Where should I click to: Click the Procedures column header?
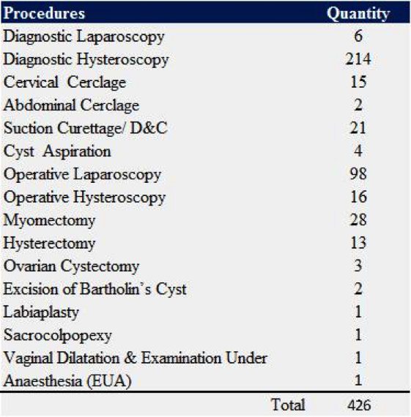click(x=44, y=13)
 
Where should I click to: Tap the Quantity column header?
click(x=358, y=14)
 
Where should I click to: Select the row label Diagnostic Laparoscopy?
click(x=84, y=37)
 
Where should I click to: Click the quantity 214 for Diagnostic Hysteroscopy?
click(x=358, y=59)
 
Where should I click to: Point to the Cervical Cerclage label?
click(x=64, y=83)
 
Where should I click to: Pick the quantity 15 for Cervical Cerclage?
click(x=358, y=82)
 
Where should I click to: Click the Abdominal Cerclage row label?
click(x=71, y=105)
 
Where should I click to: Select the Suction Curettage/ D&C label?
click(x=86, y=129)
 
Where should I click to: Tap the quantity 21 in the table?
click(x=358, y=128)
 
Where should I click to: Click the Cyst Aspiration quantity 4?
click(x=358, y=151)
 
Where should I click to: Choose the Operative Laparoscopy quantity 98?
click(x=358, y=173)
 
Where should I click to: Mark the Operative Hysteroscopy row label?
click(x=84, y=198)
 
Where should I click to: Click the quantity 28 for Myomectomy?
click(x=358, y=220)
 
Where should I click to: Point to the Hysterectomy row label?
click(x=49, y=244)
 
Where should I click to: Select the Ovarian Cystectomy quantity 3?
click(x=358, y=266)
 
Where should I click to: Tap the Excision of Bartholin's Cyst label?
click(x=95, y=289)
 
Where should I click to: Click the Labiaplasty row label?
click(x=41, y=312)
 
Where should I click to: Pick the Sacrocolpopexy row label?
click(x=58, y=336)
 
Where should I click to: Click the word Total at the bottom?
click(x=288, y=405)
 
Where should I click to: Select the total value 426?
click(x=359, y=405)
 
